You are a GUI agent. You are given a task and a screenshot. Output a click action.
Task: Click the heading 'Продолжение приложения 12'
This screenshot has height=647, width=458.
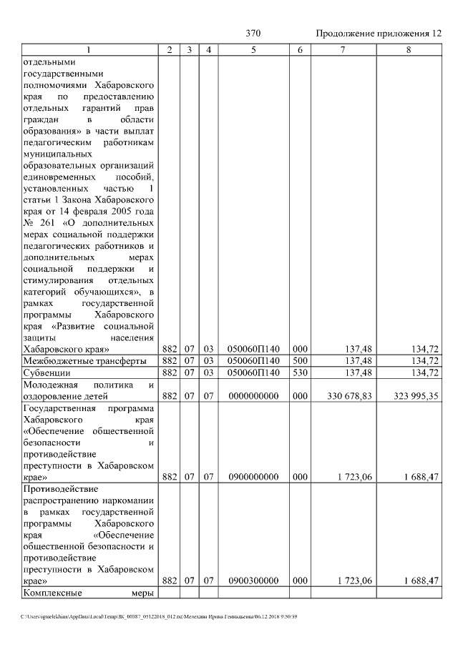pyautogui.click(x=379, y=34)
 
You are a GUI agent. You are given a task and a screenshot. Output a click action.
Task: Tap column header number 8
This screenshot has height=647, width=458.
pyautogui.click(x=409, y=49)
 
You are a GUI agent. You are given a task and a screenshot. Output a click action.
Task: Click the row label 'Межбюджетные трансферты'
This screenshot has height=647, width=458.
pyautogui.click(x=84, y=360)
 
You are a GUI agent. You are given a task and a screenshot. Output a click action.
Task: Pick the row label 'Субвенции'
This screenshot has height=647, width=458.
pyautogui.click(x=47, y=372)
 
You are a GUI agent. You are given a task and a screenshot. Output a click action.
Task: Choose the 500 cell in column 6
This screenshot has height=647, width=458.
pyautogui.click(x=300, y=360)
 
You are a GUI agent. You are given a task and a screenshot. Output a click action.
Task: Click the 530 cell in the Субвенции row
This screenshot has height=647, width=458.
pyautogui.click(x=300, y=372)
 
